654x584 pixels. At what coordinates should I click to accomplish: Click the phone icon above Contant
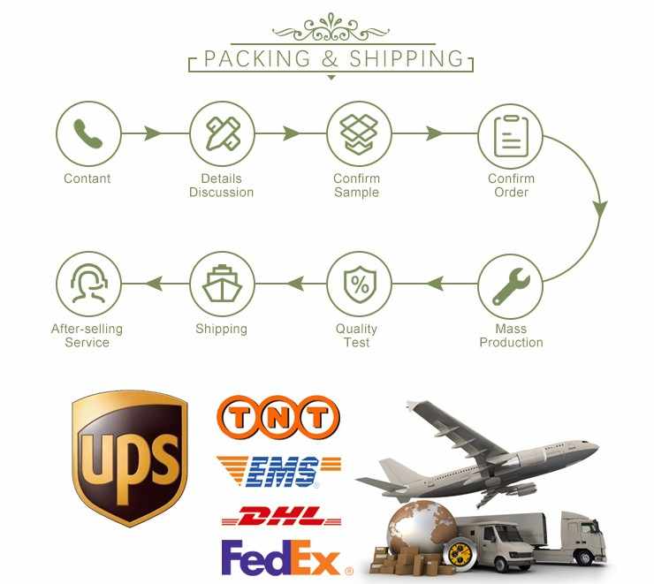pyautogui.click(x=87, y=134)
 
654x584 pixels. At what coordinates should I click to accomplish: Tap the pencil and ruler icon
pyautogui.click(x=222, y=134)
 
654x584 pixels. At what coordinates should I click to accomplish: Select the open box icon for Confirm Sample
pyautogui.click(x=359, y=134)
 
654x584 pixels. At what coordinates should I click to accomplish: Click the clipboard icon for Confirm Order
pyautogui.click(x=510, y=134)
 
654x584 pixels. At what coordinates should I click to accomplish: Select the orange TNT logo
pyautogui.click(x=278, y=415)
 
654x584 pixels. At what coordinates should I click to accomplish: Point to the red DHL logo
pyautogui.click(x=278, y=517)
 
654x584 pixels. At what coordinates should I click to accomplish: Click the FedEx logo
pyautogui.click(x=281, y=558)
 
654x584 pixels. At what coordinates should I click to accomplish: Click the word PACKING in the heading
pyautogui.click(x=257, y=59)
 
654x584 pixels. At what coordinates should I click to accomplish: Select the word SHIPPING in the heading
pyautogui.click(x=407, y=59)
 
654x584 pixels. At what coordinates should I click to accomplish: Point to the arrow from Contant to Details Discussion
pyautogui.click(x=153, y=134)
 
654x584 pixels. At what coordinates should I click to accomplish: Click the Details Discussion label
pyautogui.click(x=221, y=186)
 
